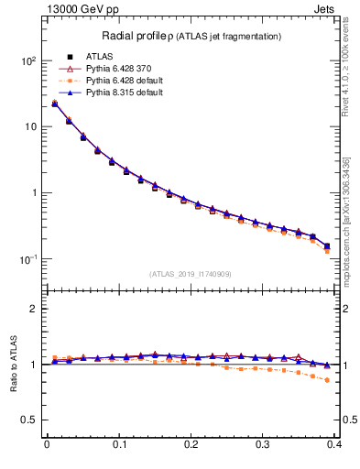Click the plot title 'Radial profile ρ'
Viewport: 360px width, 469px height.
point(135,36)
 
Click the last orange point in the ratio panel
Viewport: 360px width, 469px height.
point(327,380)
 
